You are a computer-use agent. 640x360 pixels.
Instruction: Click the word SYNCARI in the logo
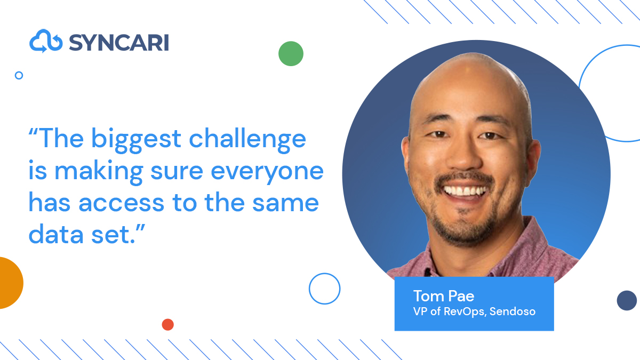118,42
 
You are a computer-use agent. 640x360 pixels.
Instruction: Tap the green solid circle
291,53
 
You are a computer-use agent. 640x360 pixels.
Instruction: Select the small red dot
167,324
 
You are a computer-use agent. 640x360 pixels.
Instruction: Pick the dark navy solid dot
627,300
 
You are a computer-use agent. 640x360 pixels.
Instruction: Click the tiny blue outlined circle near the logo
19,75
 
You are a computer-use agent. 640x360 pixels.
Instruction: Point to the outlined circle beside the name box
324,289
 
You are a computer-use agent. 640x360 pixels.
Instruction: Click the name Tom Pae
444,296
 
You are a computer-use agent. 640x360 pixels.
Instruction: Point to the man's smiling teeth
466,190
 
